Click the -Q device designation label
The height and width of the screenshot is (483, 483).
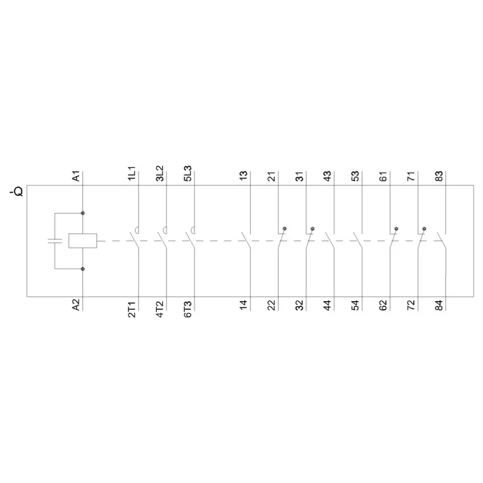tap(16, 191)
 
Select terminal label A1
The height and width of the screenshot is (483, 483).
tap(76, 176)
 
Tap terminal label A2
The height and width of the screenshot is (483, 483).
tap(76, 305)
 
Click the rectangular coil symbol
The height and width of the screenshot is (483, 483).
tap(82, 240)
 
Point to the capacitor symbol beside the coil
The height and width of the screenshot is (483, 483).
tap(55, 240)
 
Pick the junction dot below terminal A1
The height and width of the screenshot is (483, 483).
tap(82, 213)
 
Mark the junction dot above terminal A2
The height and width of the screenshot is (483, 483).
tap(82, 269)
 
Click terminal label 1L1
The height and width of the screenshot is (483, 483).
tap(131, 173)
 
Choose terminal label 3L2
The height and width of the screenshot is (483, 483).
tap(160, 173)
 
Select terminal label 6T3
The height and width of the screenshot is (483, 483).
tap(188, 309)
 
